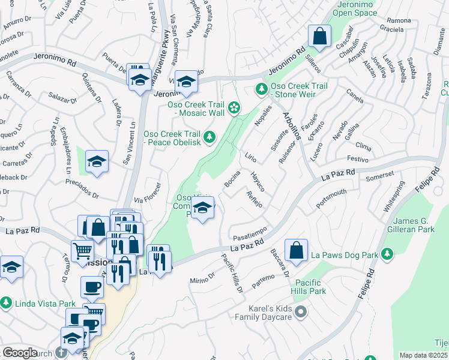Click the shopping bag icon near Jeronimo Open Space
320,35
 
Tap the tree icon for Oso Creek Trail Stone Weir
261,89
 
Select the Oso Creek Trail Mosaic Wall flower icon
234,108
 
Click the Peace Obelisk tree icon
209,137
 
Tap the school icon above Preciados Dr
97,161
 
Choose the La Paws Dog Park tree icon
387,255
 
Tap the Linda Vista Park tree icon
7,302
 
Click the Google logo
20,353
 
